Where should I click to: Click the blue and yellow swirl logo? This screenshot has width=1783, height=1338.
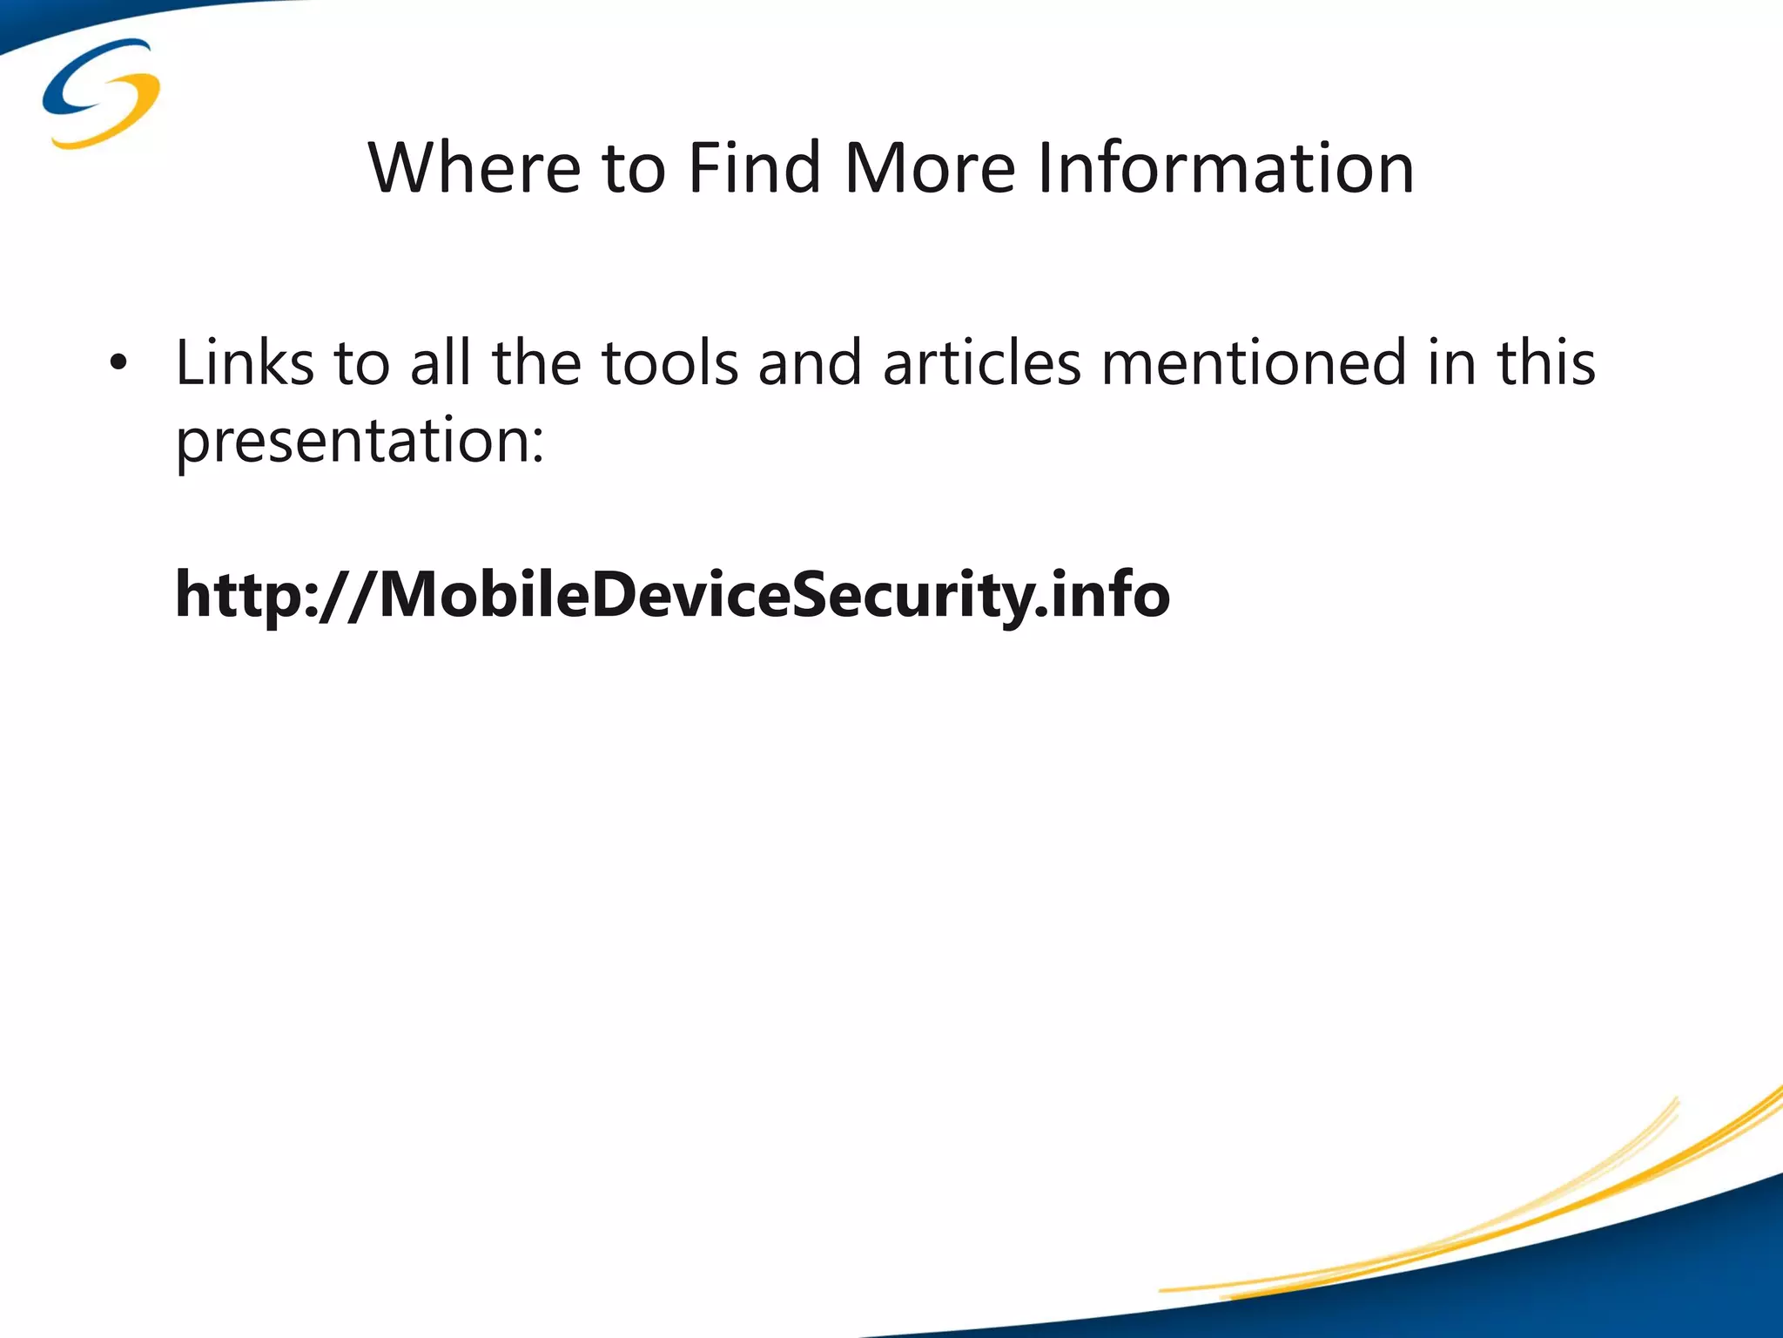101,92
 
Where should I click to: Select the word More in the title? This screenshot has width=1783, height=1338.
930,167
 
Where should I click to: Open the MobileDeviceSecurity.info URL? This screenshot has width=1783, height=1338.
672,595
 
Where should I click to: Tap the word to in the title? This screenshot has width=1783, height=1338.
633,167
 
